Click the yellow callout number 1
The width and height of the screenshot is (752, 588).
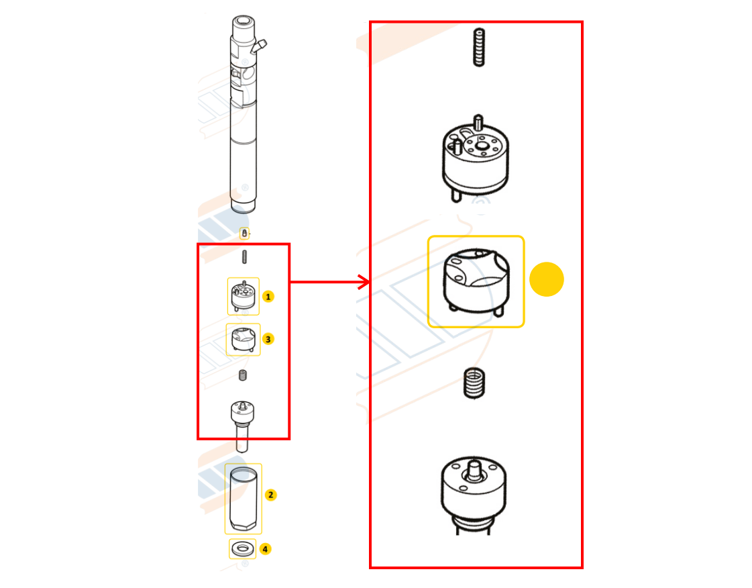click(x=268, y=296)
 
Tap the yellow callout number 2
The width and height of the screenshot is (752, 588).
click(x=270, y=495)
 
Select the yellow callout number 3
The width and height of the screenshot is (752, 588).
click(x=268, y=339)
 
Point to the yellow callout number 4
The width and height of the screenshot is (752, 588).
click(x=266, y=549)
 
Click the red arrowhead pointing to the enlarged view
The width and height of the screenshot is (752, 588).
click(x=365, y=282)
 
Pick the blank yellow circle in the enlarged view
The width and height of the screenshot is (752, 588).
click(x=547, y=279)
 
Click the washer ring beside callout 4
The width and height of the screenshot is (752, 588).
click(x=243, y=549)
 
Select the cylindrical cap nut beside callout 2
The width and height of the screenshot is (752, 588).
click(x=243, y=499)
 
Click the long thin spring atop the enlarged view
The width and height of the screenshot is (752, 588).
click(x=478, y=48)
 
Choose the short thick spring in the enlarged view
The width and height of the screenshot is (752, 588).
click(x=474, y=383)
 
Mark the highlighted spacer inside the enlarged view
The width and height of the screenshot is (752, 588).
click(x=476, y=281)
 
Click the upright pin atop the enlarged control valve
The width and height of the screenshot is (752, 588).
click(x=478, y=123)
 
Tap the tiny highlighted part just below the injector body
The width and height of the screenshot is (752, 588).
click(x=244, y=234)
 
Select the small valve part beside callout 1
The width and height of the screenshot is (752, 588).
click(x=243, y=297)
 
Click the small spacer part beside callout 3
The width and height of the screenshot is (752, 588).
click(x=243, y=340)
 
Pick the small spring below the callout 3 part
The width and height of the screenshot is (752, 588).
click(x=243, y=375)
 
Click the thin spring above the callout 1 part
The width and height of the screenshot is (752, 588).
click(x=245, y=257)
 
